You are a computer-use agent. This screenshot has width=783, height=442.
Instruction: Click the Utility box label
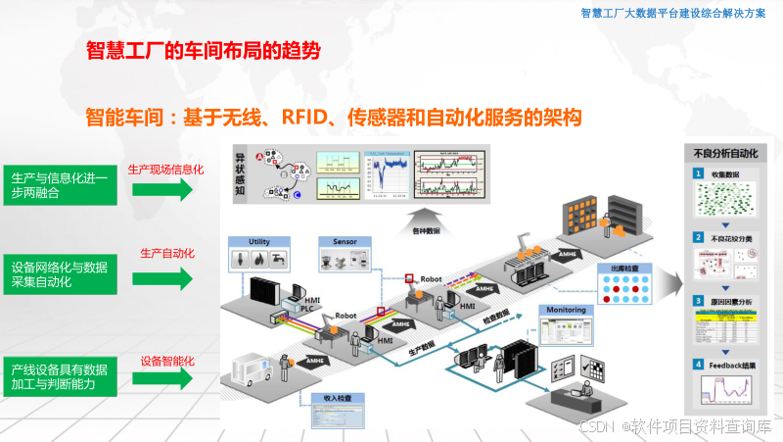(258, 240)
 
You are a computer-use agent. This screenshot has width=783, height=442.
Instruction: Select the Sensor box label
(345, 240)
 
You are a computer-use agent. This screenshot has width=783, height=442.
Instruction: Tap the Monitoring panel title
(567, 311)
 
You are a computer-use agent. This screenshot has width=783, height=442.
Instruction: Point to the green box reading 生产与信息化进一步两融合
(61, 185)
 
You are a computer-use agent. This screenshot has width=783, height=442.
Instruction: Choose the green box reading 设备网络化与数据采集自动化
(61, 274)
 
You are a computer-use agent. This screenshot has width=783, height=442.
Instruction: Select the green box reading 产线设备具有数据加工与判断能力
(61, 376)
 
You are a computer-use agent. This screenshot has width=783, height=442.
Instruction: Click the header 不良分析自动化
(725, 154)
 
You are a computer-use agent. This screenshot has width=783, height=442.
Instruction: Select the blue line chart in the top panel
(386, 176)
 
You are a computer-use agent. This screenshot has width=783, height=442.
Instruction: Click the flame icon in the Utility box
(259, 260)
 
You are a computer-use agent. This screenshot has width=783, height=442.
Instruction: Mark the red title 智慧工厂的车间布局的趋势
(204, 49)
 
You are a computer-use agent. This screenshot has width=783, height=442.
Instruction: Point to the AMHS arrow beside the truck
(314, 362)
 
